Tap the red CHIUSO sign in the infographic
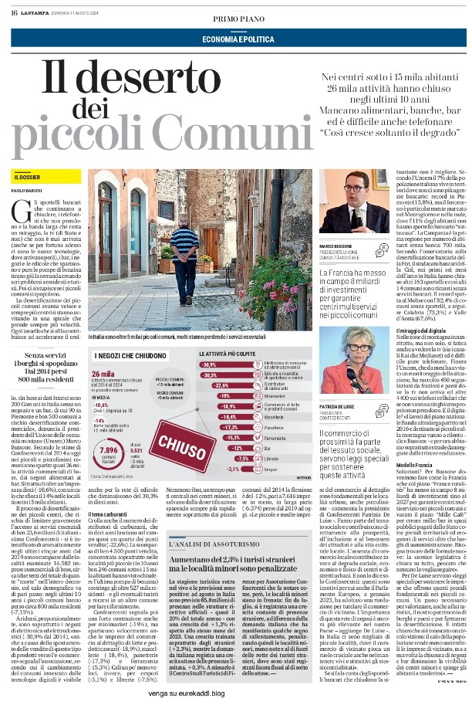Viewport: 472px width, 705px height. click(179, 442)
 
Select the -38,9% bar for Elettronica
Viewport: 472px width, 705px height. click(209, 364)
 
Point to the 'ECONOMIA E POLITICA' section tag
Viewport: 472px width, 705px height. click(235, 39)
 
